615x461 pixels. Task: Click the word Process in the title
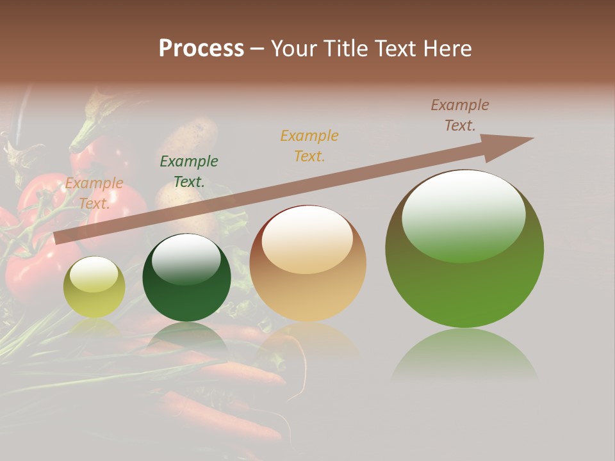point(201,49)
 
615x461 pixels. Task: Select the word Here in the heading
point(447,49)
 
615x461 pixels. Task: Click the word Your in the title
point(293,49)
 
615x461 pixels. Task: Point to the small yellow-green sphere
point(94,287)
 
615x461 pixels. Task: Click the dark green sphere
point(186,278)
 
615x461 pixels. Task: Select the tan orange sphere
point(307,263)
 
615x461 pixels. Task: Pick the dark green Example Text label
point(189,172)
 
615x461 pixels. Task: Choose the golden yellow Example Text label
point(309,146)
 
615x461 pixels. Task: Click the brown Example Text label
point(460,115)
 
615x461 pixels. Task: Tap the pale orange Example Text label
point(94,193)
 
